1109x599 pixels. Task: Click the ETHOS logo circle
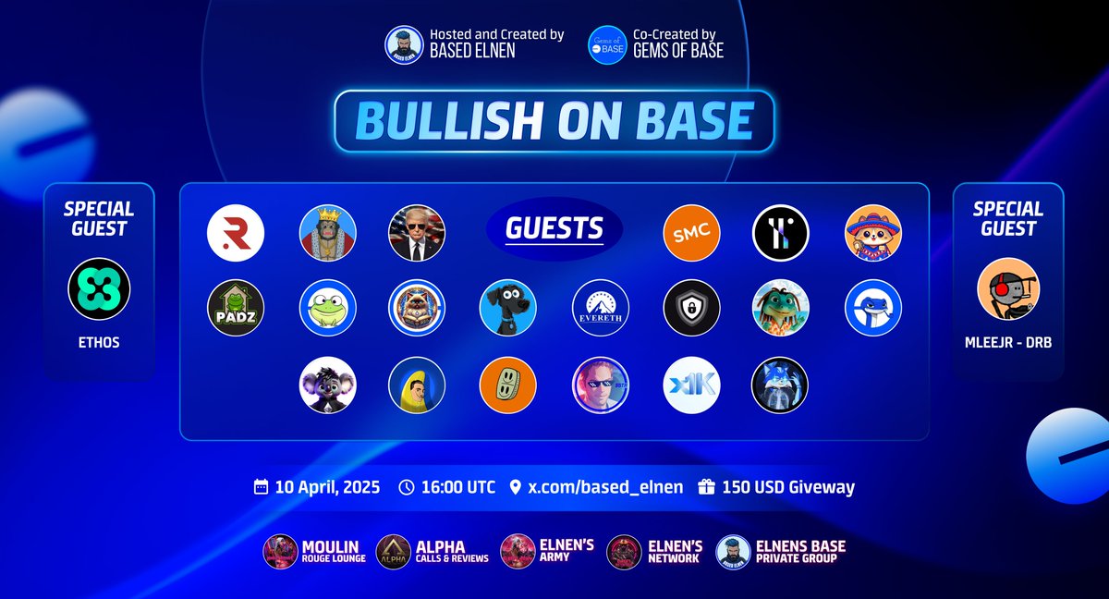tap(99, 289)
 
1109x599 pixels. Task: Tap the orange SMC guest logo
tap(691, 233)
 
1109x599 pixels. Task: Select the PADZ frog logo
tap(236, 308)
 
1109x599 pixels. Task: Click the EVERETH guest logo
tap(601, 308)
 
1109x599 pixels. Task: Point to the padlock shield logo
tap(691, 308)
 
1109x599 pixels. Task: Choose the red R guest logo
tap(236, 233)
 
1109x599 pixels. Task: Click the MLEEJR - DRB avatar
tap(1008, 289)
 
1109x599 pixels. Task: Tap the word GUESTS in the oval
tap(554, 228)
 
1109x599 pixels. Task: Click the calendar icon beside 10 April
tap(262, 487)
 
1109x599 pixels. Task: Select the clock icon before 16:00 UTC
tap(407, 487)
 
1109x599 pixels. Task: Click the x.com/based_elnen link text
tap(605, 487)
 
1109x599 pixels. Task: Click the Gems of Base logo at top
tap(607, 44)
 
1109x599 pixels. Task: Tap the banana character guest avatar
tap(417, 385)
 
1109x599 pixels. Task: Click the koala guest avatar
tap(327, 385)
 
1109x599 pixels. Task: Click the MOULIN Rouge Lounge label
tap(333, 552)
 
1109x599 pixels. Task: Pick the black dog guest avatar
tap(508, 308)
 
